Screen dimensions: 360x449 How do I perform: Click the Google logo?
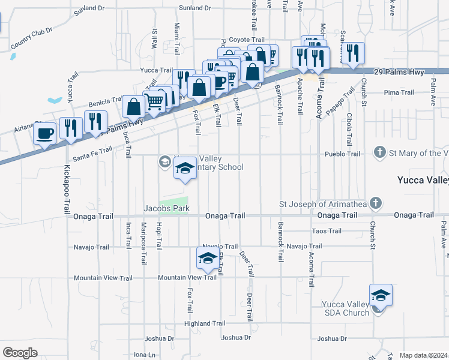pyautogui.click(x=20, y=352)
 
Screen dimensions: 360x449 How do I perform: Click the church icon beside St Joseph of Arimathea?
pyautogui.click(x=375, y=203)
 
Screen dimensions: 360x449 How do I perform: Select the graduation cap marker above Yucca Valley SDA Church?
pyautogui.click(x=381, y=296)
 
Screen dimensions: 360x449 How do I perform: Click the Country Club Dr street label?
pyautogui.click(x=32, y=38)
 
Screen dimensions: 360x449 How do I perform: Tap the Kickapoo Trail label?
pyautogui.click(x=65, y=190)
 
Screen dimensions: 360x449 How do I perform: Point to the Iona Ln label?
pyautogui.click(x=145, y=355)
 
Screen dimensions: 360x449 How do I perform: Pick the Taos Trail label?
pyautogui.click(x=327, y=231)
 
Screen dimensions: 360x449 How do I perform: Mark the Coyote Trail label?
pyautogui.click(x=247, y=39)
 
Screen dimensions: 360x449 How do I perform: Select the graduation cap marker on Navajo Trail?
pyautogui.click(x=207, y=259)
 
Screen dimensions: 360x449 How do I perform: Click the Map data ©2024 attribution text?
pyautogui.click(x=424, y=355)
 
